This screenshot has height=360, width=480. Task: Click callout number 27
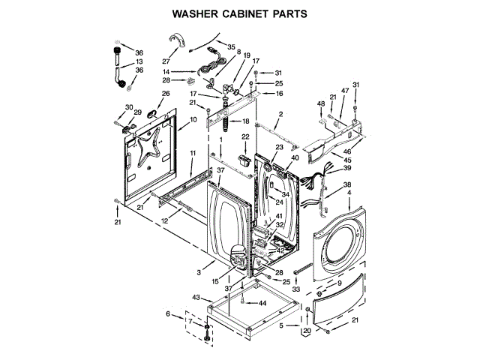tap(166, 61)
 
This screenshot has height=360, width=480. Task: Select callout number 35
tap(231, 46)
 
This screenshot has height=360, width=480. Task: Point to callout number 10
tap(193, 119)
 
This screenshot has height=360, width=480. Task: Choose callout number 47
tap(346, 91)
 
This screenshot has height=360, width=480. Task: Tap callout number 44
tap(262, 302)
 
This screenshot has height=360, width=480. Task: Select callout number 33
tap(295, 289)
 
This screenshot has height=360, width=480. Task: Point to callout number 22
tap(244, 136)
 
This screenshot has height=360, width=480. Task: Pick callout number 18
tap(244, 121)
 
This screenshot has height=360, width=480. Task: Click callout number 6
tap(168, 313)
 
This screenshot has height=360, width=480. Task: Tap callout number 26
tap(166, 94)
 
